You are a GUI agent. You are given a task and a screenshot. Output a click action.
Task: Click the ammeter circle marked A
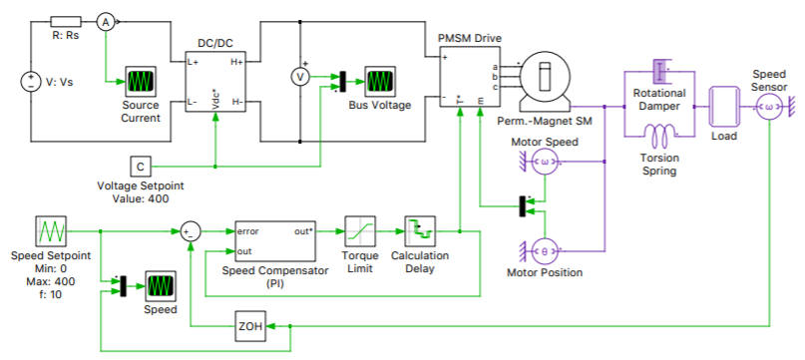106,21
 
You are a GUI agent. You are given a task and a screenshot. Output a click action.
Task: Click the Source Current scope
141,80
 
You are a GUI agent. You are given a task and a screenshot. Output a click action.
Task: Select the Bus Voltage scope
378,80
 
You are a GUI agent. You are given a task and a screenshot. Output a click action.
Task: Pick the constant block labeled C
141,165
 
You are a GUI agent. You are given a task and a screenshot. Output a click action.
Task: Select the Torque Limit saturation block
359,231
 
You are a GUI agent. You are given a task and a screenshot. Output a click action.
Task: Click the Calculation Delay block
419,231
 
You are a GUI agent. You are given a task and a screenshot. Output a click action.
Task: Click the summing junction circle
191,231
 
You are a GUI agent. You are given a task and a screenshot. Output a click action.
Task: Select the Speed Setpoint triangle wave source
51,231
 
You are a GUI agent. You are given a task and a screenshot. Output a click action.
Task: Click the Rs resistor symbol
66,21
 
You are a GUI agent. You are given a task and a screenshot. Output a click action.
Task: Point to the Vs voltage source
30,82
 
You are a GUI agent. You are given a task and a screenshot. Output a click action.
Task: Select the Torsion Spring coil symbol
658,133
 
